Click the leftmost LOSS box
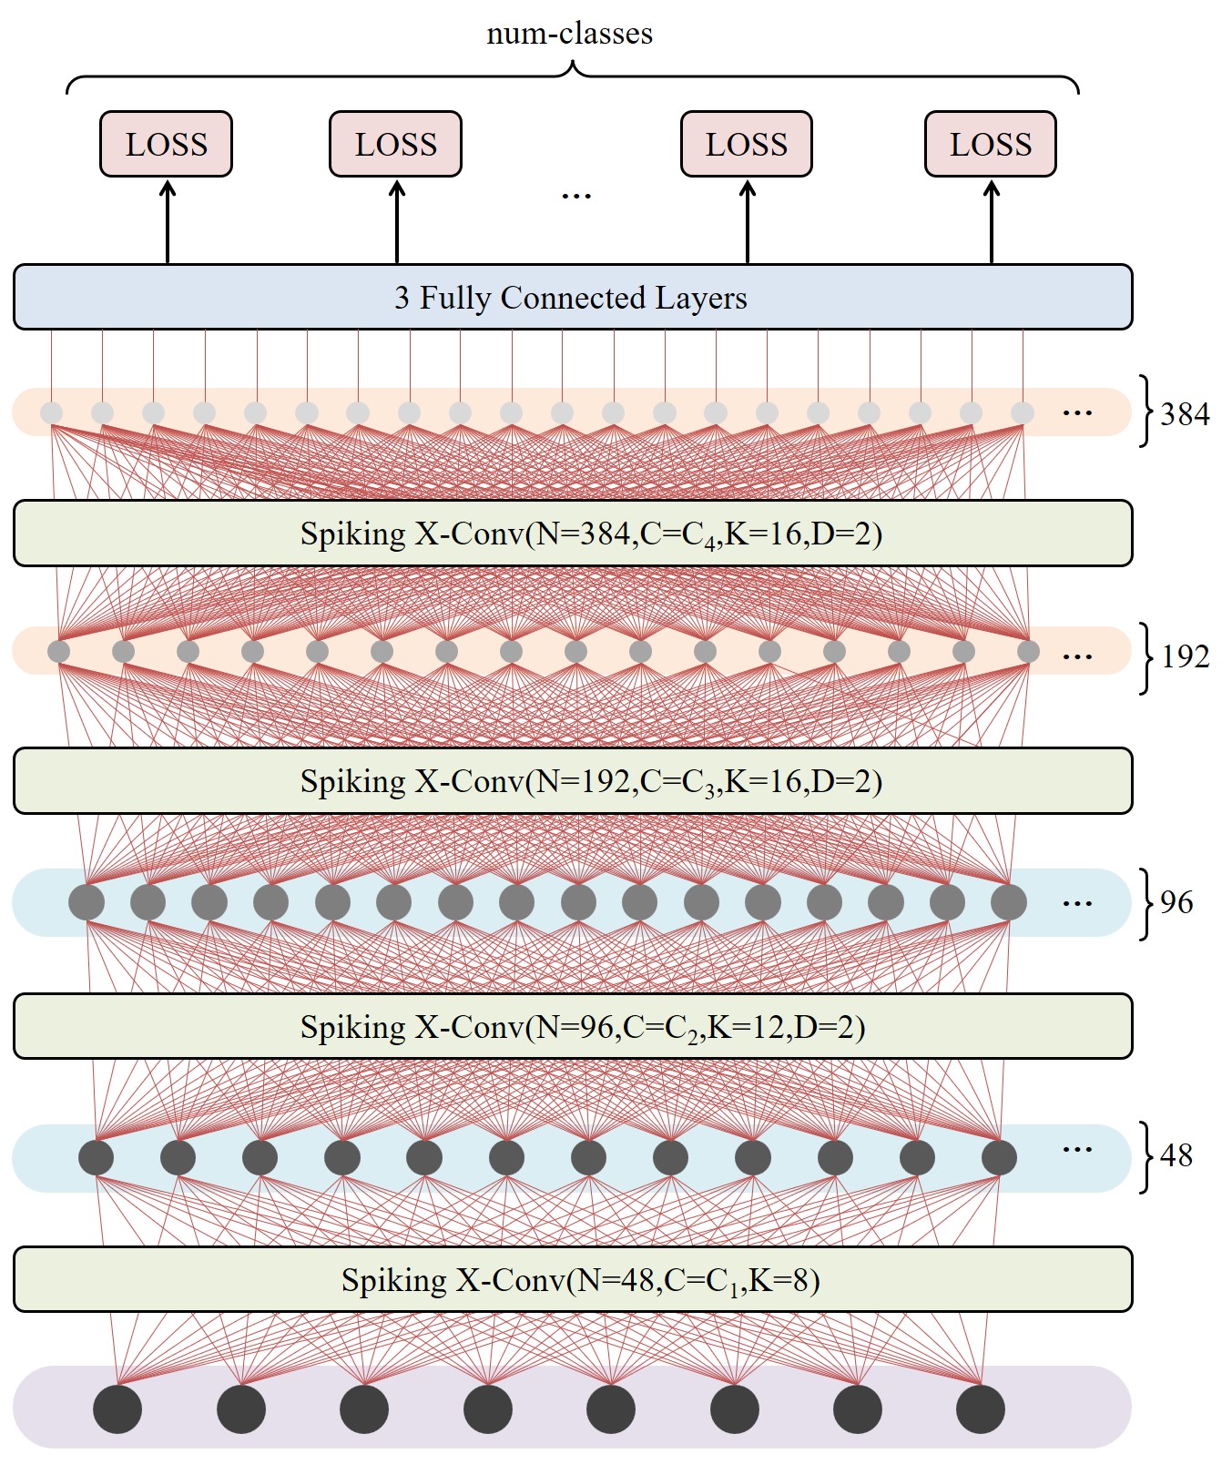coord(166,144)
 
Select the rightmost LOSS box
coord(990,144)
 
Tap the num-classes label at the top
coord(569,34)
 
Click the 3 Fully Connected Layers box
coord(572,297)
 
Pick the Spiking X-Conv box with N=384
coord(572,533)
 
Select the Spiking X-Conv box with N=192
coord(572,780)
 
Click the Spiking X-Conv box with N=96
coord(572,1026)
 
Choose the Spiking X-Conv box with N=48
coord(572,1279)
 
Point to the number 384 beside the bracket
coord(1185,414)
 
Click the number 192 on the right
coord(1185,656)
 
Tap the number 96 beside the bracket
coord(1176,902)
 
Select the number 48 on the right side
coord(1176,1155)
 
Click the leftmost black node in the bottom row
coord(117,1408)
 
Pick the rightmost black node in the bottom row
coord(981,1408)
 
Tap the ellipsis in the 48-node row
coord(1077,1149)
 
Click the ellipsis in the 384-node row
coord(1077,413)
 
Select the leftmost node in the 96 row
coord(87,902)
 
